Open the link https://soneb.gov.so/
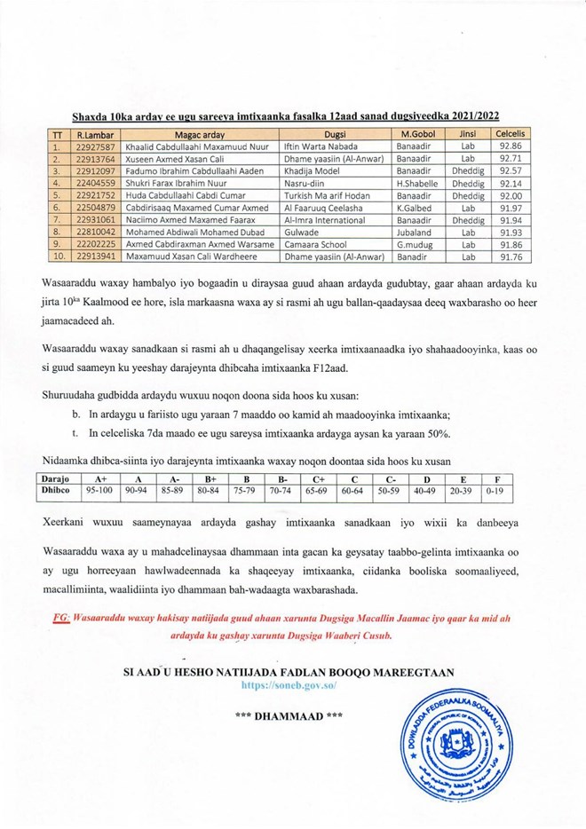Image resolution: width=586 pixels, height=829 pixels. tap(293, 686)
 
